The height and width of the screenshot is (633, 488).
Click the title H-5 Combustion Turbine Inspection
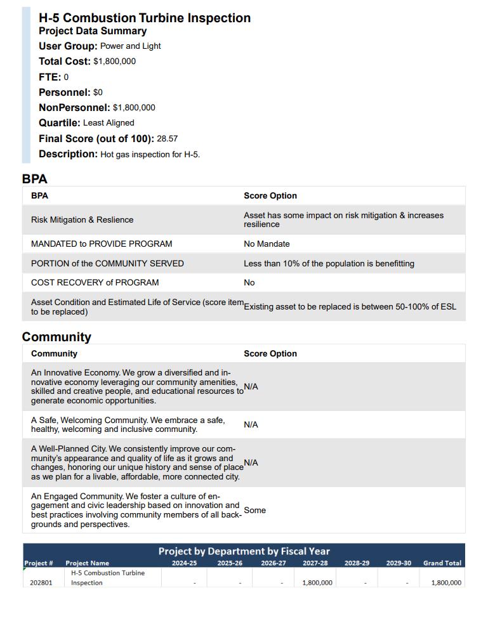[145, 18]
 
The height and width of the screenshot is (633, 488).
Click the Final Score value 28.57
[167, 139]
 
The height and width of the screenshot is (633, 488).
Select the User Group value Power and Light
[130, 46]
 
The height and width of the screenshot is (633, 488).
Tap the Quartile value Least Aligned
[109, 123]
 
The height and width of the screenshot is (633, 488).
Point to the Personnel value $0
[98, 93]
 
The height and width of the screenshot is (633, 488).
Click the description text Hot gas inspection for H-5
[150, 154]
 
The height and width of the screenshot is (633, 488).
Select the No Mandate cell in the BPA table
[267, 244]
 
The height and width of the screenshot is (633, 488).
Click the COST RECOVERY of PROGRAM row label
[95, 283]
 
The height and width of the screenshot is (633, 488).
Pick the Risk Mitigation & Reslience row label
[82, 220]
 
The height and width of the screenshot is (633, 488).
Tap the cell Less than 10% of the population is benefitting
[329, 264]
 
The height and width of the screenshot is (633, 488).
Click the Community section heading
[56, 337]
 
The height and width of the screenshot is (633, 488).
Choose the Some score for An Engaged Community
[254, 511]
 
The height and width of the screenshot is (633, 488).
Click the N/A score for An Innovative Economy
[251, 387]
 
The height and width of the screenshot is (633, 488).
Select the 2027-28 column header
[315, 563]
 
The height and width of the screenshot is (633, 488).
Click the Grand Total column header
[442, 563]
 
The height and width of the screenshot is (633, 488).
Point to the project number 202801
[41, 583]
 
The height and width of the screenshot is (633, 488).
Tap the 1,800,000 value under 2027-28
[317, 583]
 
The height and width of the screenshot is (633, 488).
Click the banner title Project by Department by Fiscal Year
[244, 551]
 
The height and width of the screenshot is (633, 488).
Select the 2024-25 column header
[184, 563]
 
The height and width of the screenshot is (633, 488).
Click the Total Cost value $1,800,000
[114, 62]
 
